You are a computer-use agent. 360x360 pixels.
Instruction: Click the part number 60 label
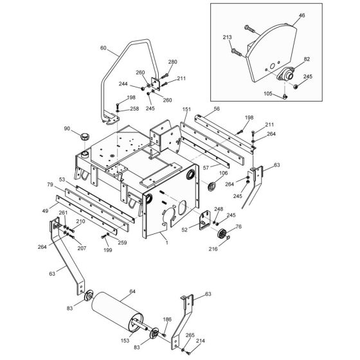click(104, 48)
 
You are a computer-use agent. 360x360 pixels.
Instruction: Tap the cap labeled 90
click(84, 136)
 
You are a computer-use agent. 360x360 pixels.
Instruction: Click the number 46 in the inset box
click(302, 15)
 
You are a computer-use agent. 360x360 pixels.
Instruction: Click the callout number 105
click(268, 93)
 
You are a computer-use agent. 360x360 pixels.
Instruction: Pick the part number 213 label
click(228, 37)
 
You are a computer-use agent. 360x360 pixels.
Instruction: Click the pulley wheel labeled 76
click(222, 235)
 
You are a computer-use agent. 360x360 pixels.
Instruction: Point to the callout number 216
click(213, 249)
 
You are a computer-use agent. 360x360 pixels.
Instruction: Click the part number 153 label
click(125, 341)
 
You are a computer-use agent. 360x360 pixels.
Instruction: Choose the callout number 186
click(167, 319)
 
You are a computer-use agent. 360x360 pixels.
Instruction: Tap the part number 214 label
click(200, 341)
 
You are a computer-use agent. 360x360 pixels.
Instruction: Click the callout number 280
click(173, 62)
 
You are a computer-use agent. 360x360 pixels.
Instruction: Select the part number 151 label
click(186, 109)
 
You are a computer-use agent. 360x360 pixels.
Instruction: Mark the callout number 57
click(206, 168)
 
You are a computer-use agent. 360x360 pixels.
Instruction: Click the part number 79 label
click(50, 184)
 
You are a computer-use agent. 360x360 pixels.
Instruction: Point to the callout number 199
click(108, 250)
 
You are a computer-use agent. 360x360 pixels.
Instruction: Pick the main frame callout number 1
click(167, 242)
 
